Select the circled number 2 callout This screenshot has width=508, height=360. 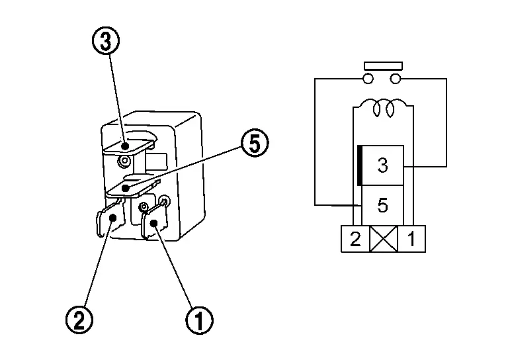(x=79, y=320)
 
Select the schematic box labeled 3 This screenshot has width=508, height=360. (x=382, y=165)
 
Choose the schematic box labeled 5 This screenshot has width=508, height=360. (x=382, y=205)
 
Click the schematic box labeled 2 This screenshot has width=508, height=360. (x=355, y=239)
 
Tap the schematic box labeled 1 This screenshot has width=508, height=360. (x=411, y=239)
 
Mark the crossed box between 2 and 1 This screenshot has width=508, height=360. (x=384, y=239)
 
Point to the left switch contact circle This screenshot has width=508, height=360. (x=369, y=79)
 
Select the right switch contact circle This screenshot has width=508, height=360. (x=396, y=79)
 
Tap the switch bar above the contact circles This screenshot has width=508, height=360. (x=382, y=66)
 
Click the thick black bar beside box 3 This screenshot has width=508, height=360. (x=359, y=165)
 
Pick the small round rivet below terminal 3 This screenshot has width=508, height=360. (x=122, y=161)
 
